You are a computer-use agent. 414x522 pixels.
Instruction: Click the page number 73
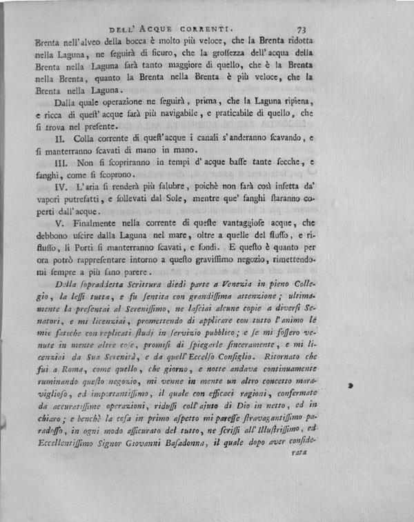click(302, 30)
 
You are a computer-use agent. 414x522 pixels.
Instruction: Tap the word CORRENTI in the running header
click(207, 30)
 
